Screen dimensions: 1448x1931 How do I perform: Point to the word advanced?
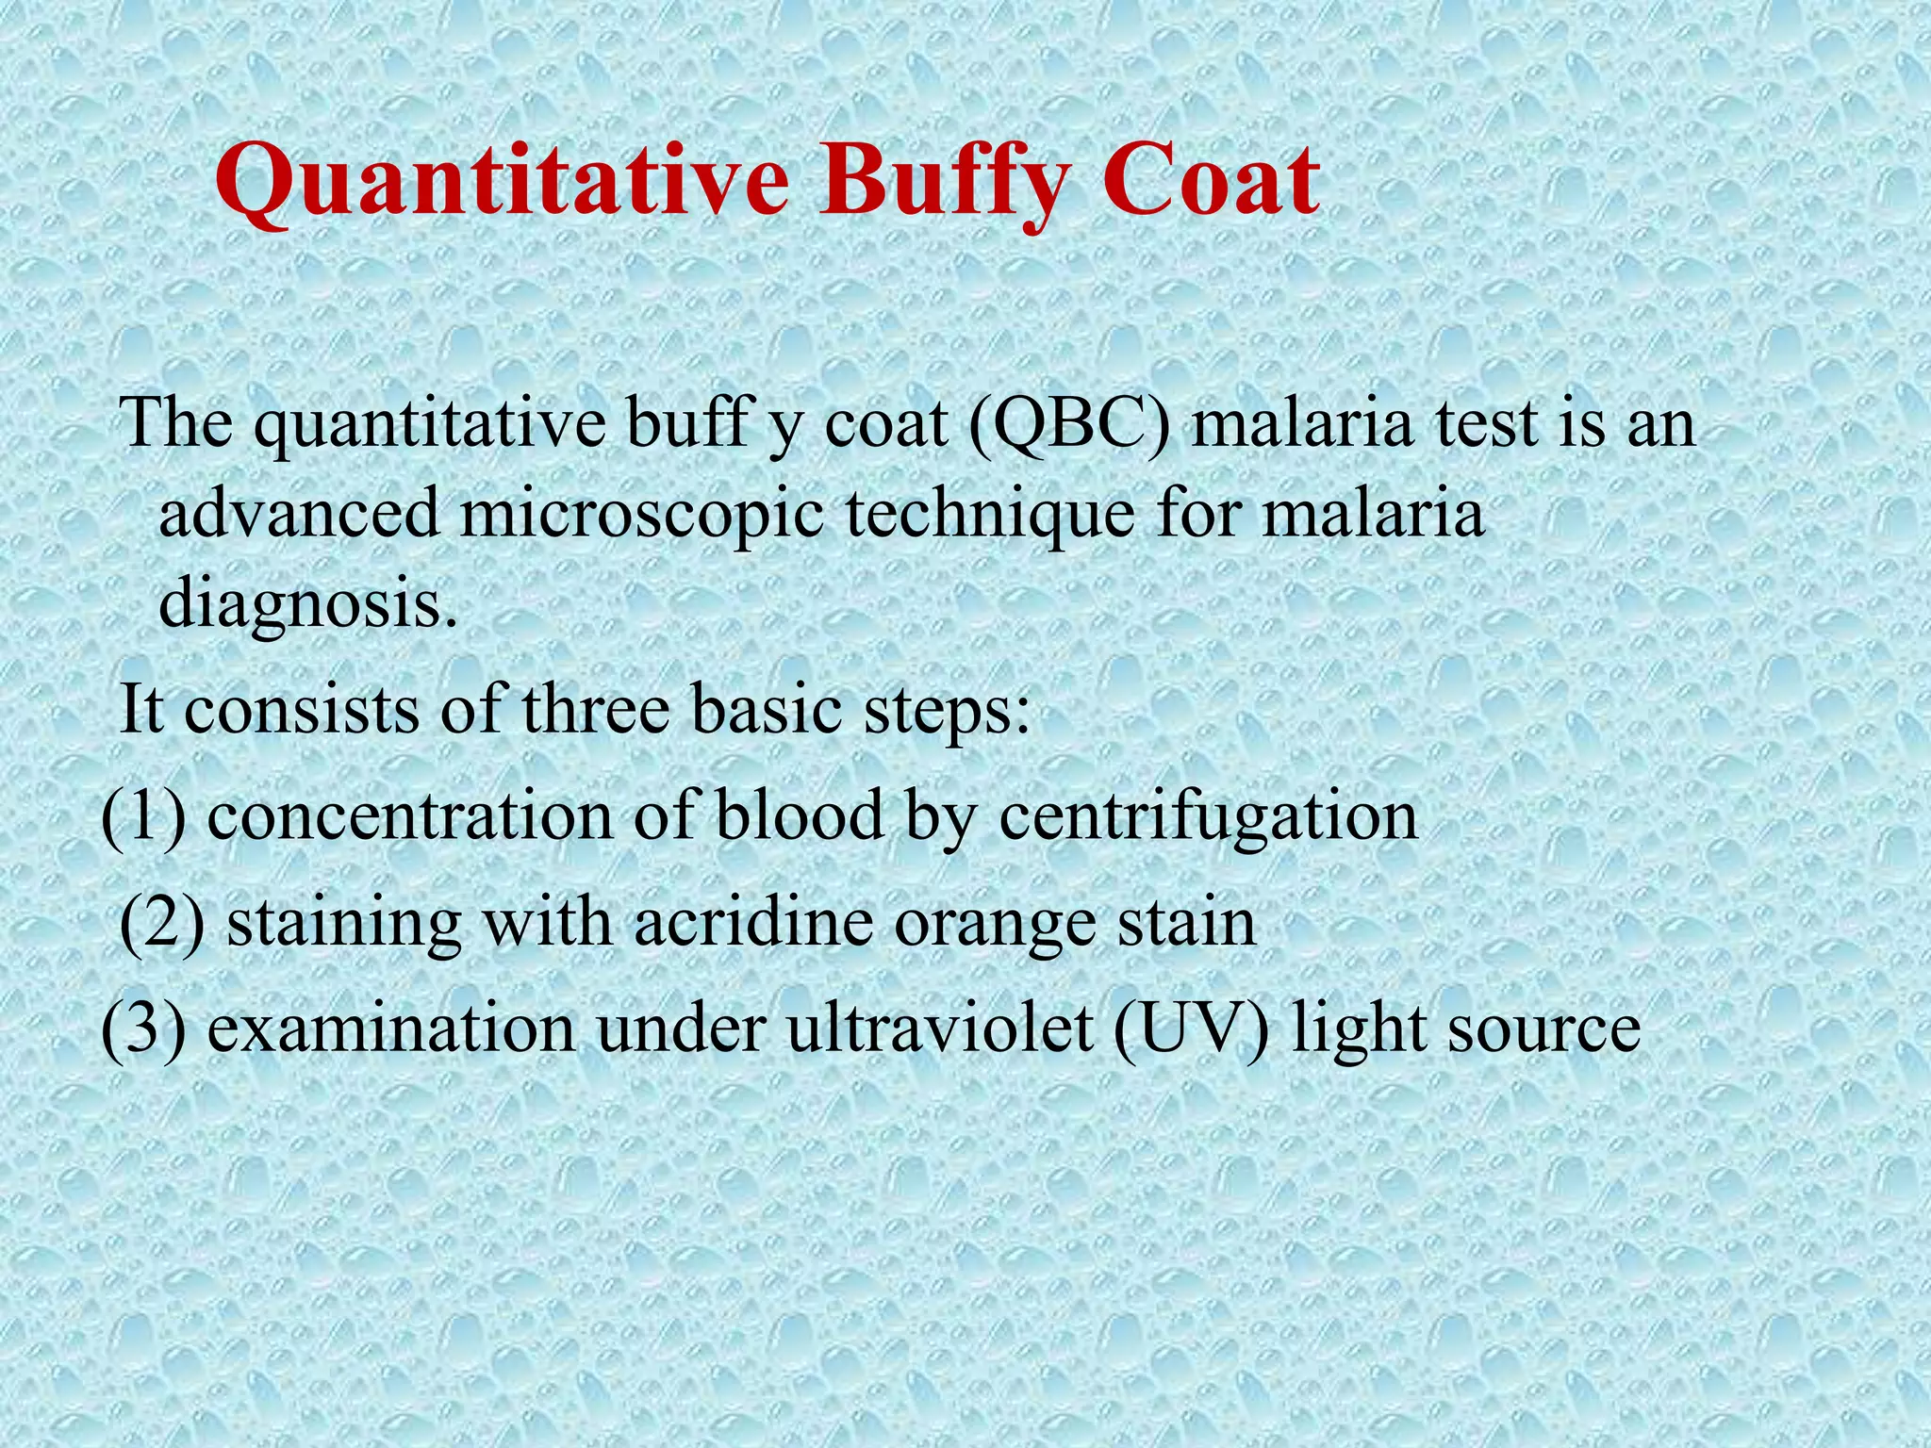(300, 514)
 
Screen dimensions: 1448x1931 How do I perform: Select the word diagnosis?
(300, 603)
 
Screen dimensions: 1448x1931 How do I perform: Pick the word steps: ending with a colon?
(949, 712)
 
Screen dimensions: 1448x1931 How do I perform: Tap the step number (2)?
(163, 923)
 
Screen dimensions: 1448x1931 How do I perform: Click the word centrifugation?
(1208, 816)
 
